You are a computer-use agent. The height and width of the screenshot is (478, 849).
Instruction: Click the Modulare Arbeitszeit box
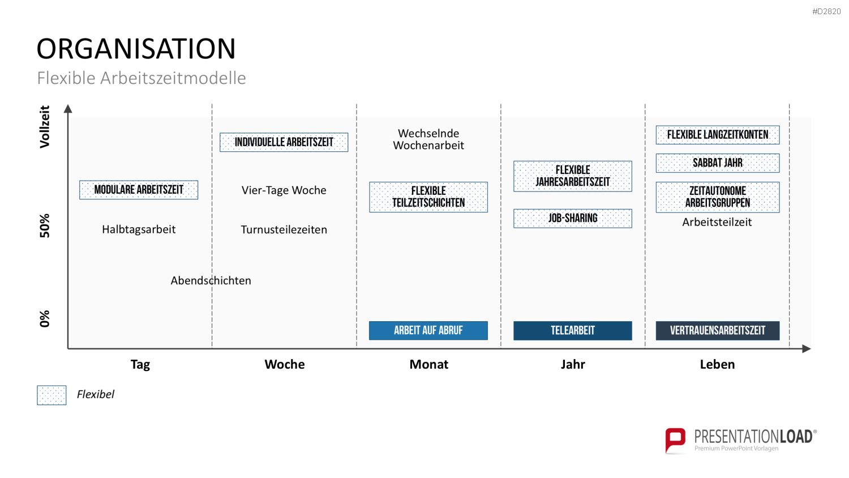pos(139,190)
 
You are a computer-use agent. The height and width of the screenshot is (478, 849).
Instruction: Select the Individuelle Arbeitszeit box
pos(284,142)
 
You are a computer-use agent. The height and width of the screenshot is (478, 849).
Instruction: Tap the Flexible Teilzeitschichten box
pos(428,197)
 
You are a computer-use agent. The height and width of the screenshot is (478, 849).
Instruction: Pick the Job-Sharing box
pos(573,218)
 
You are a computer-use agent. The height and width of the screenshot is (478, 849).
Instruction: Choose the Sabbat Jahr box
pos(718,163)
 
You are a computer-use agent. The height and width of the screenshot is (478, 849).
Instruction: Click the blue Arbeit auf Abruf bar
pos(428,330)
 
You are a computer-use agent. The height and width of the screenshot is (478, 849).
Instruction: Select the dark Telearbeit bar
pos(573,330)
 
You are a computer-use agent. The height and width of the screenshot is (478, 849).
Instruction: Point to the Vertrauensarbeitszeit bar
pos(718,330)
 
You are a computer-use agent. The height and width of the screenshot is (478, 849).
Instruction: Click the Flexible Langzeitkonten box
pos(718,135)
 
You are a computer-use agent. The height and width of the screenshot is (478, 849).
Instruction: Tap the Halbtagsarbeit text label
pos(139,229)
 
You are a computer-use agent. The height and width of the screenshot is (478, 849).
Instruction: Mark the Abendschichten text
pos(211,280)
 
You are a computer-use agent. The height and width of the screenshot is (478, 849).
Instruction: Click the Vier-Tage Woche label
pos(284,190)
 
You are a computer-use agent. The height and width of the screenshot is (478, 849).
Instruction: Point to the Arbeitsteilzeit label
pos(717,222)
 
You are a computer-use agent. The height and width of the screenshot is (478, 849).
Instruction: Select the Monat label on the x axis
pos(428,364)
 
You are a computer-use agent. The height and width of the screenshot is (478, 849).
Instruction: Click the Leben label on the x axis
pos(717,364)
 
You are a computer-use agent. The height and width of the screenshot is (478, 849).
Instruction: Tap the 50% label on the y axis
pos(45,226)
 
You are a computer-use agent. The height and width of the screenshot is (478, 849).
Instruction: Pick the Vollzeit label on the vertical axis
pos(45,127)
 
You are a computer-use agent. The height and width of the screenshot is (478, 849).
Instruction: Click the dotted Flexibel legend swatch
pos(52,395)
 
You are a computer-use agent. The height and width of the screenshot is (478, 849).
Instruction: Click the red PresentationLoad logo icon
pos(675,440)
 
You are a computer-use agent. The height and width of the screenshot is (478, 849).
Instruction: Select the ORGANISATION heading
pos(136,49)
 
